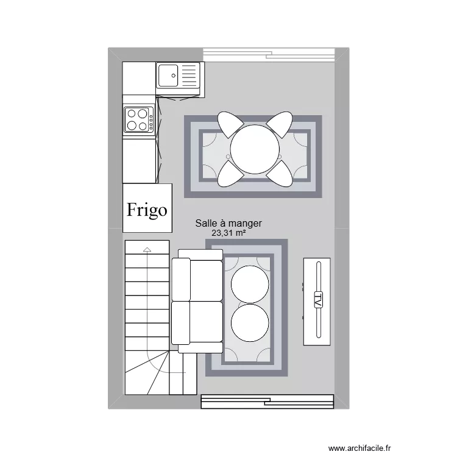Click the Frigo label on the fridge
[x=146, y=210]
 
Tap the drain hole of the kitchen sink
[x=173, y=76]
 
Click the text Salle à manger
[x=228, y=224]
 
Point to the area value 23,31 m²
[x=228, y=233]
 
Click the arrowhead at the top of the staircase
[x=147, y=249]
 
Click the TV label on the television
[x=317, y=300]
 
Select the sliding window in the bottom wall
[x=267, y=401]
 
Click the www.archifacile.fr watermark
[x=360, y=447]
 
